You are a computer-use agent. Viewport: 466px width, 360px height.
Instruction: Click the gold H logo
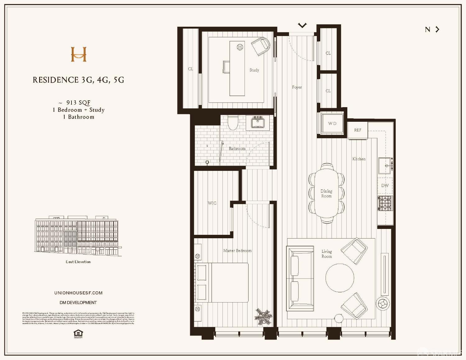[79, 54]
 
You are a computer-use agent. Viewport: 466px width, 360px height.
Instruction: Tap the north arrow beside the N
[437, 30]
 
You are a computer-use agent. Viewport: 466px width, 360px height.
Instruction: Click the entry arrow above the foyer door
[302, 25]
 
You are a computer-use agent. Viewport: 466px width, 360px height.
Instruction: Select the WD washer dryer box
[332, 123]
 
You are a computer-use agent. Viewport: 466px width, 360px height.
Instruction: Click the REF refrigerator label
[358, 130]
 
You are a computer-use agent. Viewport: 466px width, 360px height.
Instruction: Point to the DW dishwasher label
[385, 185]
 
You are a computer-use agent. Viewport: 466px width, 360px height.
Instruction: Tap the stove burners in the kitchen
[385, 203]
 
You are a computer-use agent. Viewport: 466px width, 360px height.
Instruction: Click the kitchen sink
[385, 166]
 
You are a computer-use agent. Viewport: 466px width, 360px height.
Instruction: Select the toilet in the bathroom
[233, 123]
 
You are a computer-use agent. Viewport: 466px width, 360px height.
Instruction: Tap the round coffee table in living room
[340, 278]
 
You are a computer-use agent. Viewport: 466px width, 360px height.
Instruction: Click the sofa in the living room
[300, 278]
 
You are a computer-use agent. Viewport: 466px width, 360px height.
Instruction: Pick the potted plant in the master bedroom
[263, 317]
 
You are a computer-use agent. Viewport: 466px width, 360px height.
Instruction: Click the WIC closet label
[212, 203]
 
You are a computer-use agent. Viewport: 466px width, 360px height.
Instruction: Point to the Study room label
[254, 70]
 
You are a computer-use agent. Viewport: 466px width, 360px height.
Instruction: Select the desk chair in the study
[261, 46]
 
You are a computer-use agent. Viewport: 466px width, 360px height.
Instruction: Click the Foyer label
[297, 87]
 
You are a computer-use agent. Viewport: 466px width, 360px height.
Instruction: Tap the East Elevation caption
[78, 262]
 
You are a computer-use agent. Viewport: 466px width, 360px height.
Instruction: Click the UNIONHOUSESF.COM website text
[78, 293]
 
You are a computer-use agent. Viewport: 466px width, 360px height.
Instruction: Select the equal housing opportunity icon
[78, 334]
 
